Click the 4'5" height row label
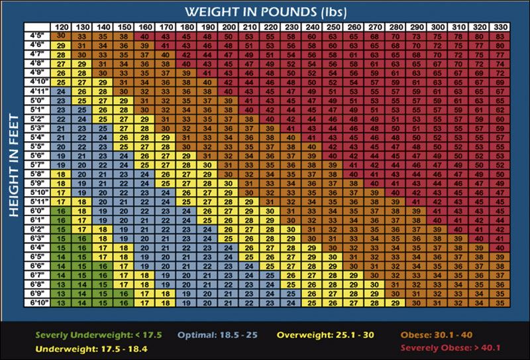tap(38, 36)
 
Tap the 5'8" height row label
tap(38, 174)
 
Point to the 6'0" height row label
tap(38, 210)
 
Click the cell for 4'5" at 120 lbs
tap(60, 36)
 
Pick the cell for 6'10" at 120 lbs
tap(60, 302)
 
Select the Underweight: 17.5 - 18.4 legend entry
tap(91, 347)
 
